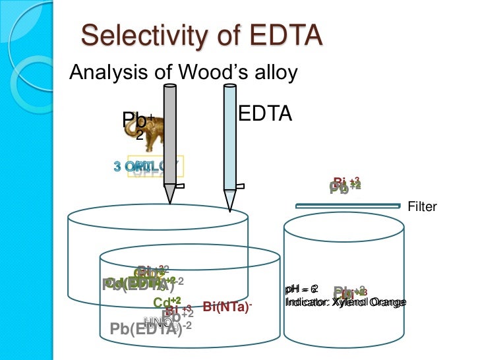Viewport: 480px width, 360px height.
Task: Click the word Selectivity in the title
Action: pyautogui.click(x=139, y=36)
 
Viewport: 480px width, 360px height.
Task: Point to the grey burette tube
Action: pyautogui.click(x=169, y=132)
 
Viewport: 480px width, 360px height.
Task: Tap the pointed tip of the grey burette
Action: pyautogui.click(x=169, y=195)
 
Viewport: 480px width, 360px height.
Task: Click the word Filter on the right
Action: pyautogui.click(x=423, y=207)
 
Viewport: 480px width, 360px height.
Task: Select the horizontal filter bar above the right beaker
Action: pyautogui.click(x=347, y=206)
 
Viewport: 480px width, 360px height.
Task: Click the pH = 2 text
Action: pyautogui.click(x=301, y=289)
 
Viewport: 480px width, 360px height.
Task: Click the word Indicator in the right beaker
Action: pyautogui.click(x=306, y=302)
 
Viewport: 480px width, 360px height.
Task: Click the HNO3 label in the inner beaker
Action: pyautogui.click(x=159, y=322)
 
